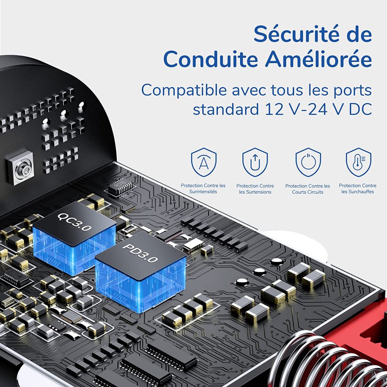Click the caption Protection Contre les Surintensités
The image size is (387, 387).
[203, 189]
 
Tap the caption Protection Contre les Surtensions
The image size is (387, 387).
[255, 189]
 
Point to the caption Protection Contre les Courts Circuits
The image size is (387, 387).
[308, 189]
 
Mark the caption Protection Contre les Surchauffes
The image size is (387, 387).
[358, 189]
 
